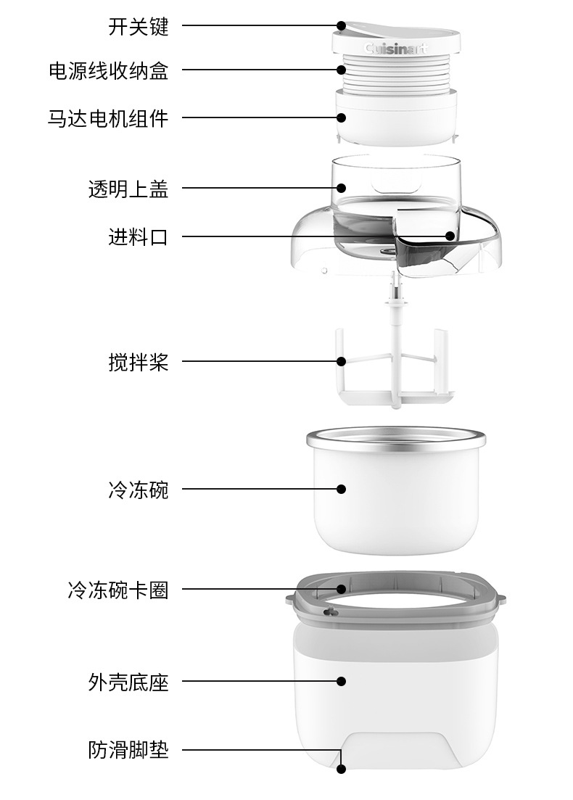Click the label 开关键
tap(138, 27)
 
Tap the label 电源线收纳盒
tap(108, 70)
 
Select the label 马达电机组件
tap(108, 117)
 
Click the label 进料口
tap(138, 236)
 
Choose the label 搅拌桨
tap(138, 361)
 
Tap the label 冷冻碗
tap(138, 490)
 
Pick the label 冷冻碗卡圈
tap(118, 590)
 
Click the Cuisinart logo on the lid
tap(396, 49)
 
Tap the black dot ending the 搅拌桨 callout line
tap(342, 361)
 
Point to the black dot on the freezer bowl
tap(342, 490)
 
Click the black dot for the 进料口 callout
tap(450, 236)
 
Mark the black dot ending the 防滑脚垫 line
tap(342, 768)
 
